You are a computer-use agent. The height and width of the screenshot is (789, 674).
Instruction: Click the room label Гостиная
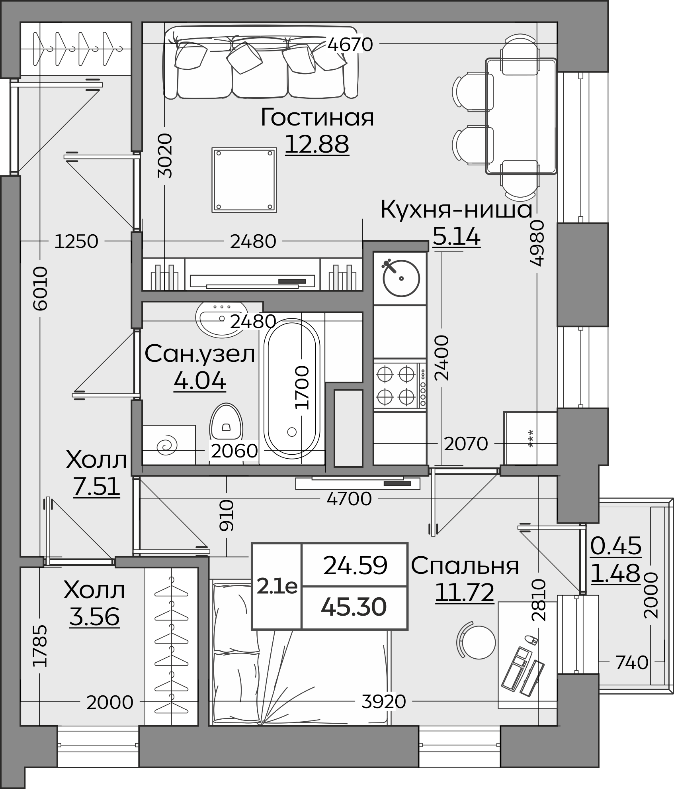point(317,118)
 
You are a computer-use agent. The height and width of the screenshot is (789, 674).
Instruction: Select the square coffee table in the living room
point(244,180)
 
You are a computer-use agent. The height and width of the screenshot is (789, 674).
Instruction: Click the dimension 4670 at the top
point(350,44)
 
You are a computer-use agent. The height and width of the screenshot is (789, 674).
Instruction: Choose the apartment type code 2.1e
point(277,587)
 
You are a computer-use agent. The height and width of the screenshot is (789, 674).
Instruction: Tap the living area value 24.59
point(355,565)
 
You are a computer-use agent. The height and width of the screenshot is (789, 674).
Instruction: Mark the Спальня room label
point(465,565)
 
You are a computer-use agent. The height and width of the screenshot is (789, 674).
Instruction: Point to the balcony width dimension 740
point(632,663)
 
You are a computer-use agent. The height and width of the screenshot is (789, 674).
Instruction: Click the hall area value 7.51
point(97,487)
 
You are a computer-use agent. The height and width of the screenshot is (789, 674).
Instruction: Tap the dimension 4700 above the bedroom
point(349,499)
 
